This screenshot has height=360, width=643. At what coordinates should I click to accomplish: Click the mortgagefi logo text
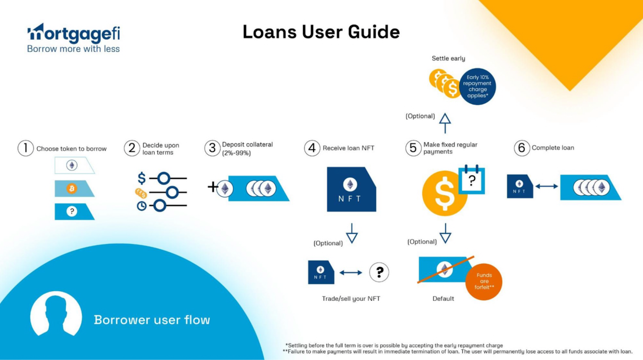click(74, 34)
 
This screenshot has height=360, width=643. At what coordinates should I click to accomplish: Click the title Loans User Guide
click(321, 32)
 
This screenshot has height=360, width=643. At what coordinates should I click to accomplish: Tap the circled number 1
click(25, 148)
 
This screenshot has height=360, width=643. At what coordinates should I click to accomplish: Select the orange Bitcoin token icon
click(72, 188)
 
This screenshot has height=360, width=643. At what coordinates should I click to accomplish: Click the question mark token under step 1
click(72, 211)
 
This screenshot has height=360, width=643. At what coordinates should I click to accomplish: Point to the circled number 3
click(212, 148)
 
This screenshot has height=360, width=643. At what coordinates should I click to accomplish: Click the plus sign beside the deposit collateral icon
click(213, 186)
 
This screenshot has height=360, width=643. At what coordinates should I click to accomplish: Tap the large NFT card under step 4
click(351, 189)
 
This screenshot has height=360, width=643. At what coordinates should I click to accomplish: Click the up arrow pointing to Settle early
click(445, 123)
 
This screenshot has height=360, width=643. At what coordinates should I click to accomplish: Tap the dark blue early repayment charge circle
click(477, 86)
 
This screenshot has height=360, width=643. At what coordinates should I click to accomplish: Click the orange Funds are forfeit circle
click(484, 281)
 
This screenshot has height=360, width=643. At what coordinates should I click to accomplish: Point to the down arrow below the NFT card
click(352, 233)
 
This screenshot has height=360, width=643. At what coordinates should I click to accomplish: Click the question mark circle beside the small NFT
click(379, 272)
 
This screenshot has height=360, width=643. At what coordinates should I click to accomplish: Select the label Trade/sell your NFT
click(351, 299)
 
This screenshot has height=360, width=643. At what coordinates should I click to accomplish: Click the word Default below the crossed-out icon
click(443, 299)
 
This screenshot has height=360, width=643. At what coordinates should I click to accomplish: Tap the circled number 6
click(522, 148)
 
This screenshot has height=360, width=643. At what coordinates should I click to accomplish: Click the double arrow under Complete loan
click(547, 186)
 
